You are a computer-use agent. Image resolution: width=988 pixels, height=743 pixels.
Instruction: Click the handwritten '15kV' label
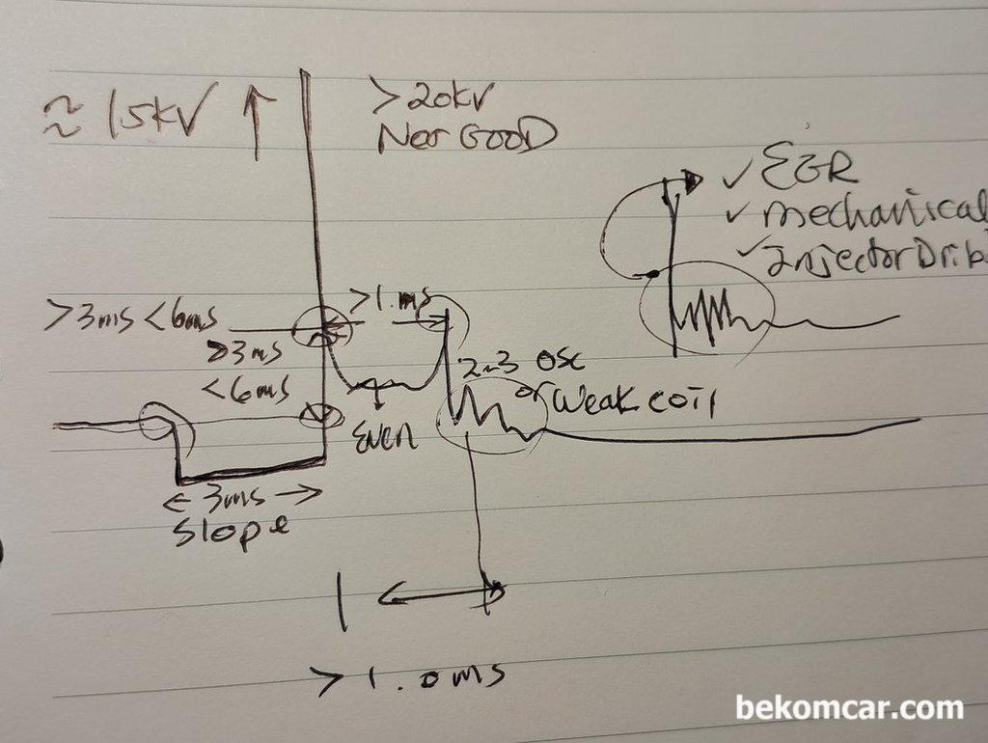coord(145,113)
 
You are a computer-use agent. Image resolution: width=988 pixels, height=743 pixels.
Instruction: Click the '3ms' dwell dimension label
coord(243,497)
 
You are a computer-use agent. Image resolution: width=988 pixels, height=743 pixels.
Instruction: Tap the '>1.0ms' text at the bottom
coord(410,677)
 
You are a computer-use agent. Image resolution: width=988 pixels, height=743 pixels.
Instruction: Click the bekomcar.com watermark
coord(849,708)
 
